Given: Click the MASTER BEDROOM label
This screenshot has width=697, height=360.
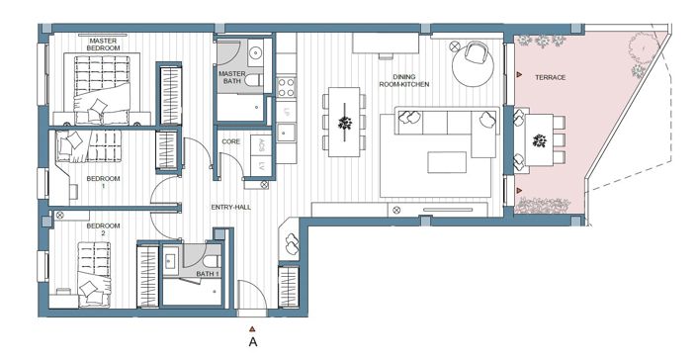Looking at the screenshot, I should click(103, 45).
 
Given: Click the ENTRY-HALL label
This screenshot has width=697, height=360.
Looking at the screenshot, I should click(230, 207).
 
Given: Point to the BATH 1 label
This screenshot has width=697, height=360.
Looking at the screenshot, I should click(207, 273).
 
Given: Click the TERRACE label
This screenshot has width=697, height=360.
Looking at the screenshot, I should click(550, 77).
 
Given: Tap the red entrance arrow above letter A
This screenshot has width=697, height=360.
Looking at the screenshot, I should click(253, 326).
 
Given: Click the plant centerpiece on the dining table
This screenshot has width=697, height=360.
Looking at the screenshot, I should click(345, 123).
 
